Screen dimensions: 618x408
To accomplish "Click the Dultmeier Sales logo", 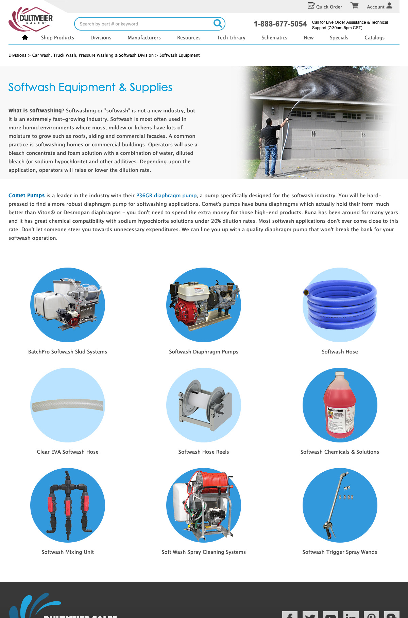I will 31,19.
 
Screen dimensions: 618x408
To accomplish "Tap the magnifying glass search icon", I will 217,23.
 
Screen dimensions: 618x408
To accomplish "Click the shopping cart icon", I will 355,6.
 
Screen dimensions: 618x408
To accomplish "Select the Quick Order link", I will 325,6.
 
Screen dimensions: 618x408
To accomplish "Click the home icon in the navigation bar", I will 25,37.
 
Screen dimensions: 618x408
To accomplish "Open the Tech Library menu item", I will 231,38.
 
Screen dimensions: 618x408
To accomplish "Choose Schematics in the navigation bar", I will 274,38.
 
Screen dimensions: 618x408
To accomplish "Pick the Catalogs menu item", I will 374,38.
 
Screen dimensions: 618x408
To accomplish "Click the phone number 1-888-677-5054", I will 280,24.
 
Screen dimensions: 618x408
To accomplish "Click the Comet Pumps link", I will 27,196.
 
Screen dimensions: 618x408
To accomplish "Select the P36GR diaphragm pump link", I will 166,196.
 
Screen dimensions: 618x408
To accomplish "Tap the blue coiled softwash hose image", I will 340,305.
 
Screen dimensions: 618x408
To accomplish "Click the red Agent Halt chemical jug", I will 340,405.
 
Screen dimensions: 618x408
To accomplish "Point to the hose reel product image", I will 204,405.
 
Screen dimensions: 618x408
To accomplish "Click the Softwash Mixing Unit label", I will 68,552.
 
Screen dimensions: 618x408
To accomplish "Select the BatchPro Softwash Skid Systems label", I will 68,352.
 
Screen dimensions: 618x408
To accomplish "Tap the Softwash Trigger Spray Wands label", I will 340,552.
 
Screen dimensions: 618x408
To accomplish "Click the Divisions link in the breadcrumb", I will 17,55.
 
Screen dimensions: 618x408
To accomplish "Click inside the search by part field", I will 143,24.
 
